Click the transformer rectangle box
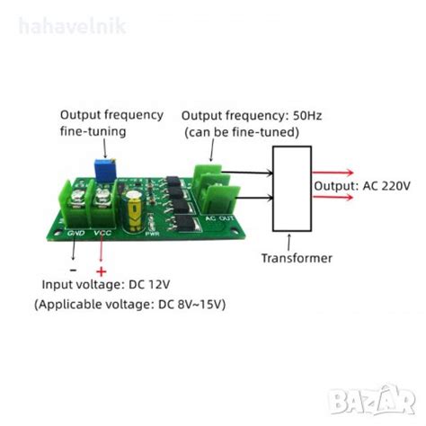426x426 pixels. tap(290, 186)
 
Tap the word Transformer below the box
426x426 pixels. tap(297, 258)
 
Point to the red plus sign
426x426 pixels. tap(101, 271)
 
